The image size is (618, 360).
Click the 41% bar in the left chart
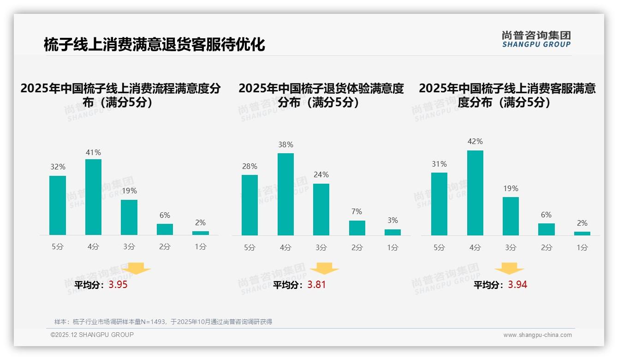(93, 197)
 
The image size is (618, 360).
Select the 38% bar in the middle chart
(285, 194)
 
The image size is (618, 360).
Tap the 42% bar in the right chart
(475, 193)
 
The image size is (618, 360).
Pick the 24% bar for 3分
(321, 210)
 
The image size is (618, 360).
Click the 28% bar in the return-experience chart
(250, 205)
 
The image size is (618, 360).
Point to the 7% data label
(357, 211)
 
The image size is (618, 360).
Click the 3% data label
(392, 220)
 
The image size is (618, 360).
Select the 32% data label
(58, 167)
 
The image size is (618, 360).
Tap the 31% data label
(439, 164)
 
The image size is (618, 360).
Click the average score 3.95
(118, 285)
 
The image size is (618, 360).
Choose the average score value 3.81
(316, 285)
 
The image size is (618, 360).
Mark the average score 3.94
(517, 285)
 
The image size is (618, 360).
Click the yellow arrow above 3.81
(325, 269)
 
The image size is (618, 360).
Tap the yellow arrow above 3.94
(509, 269)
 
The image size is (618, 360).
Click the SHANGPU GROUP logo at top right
(536, 39)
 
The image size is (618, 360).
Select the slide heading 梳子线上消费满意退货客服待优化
(154, 45)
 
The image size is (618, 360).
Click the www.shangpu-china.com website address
(537, 335)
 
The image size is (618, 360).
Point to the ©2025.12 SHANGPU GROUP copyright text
(92, 335)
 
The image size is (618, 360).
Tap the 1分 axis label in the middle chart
(392, 247)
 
